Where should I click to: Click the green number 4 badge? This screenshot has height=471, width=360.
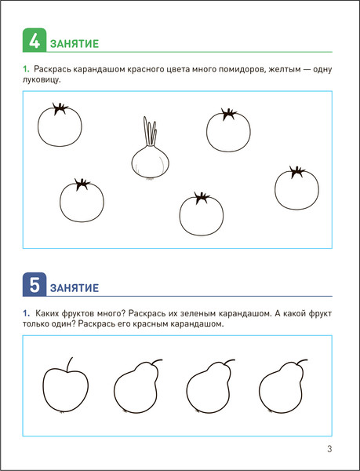[35, 40]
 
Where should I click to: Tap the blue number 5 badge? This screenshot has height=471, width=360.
[35, 284]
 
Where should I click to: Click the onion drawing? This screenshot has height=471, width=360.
[151, 148]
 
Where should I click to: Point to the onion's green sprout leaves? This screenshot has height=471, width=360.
[150, 131]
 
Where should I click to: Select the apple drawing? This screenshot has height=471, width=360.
[66, 385]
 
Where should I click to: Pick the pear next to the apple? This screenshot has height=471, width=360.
[136, 386]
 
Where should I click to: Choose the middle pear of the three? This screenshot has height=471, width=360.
[209, 386]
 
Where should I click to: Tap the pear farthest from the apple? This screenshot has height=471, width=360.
[282, 386]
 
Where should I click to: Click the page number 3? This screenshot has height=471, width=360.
[329, 449]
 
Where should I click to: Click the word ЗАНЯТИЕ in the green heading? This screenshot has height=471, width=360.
[75, 44]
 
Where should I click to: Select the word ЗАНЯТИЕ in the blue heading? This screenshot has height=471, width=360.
[75, 288]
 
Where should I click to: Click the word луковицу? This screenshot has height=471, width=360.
[42, 80]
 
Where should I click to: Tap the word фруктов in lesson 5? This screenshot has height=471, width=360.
[78, 314]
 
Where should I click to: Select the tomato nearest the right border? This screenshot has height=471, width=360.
[296, 188]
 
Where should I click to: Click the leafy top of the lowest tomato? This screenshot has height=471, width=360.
[202, 197]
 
